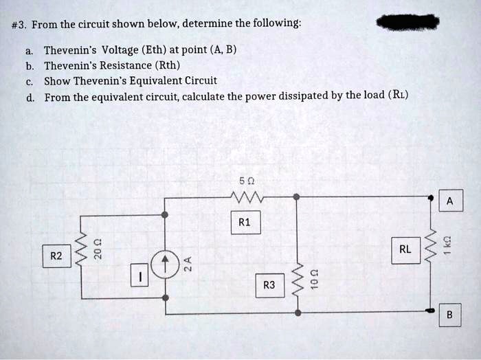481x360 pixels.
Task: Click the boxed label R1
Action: pyautogui.click(x=245, y=223)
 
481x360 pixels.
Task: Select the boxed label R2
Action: pyautogui.click(x=56, y=256)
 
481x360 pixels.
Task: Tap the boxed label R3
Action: pyautogui.click(x=269, y=284)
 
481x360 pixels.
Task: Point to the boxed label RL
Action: pyautogui.click(x=405, y=249)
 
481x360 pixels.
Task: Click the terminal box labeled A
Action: pyautogui.click(x=449, y=201)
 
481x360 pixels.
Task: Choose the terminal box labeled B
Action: pyautogui.click(x=449, y=315)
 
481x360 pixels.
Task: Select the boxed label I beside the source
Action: pyautogui.click(x=140, y=278)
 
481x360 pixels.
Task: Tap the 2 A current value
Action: pyautogui.click(x=188, y=264)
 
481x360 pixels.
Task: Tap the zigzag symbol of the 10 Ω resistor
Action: pyautogui.click(x=298, y=280)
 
